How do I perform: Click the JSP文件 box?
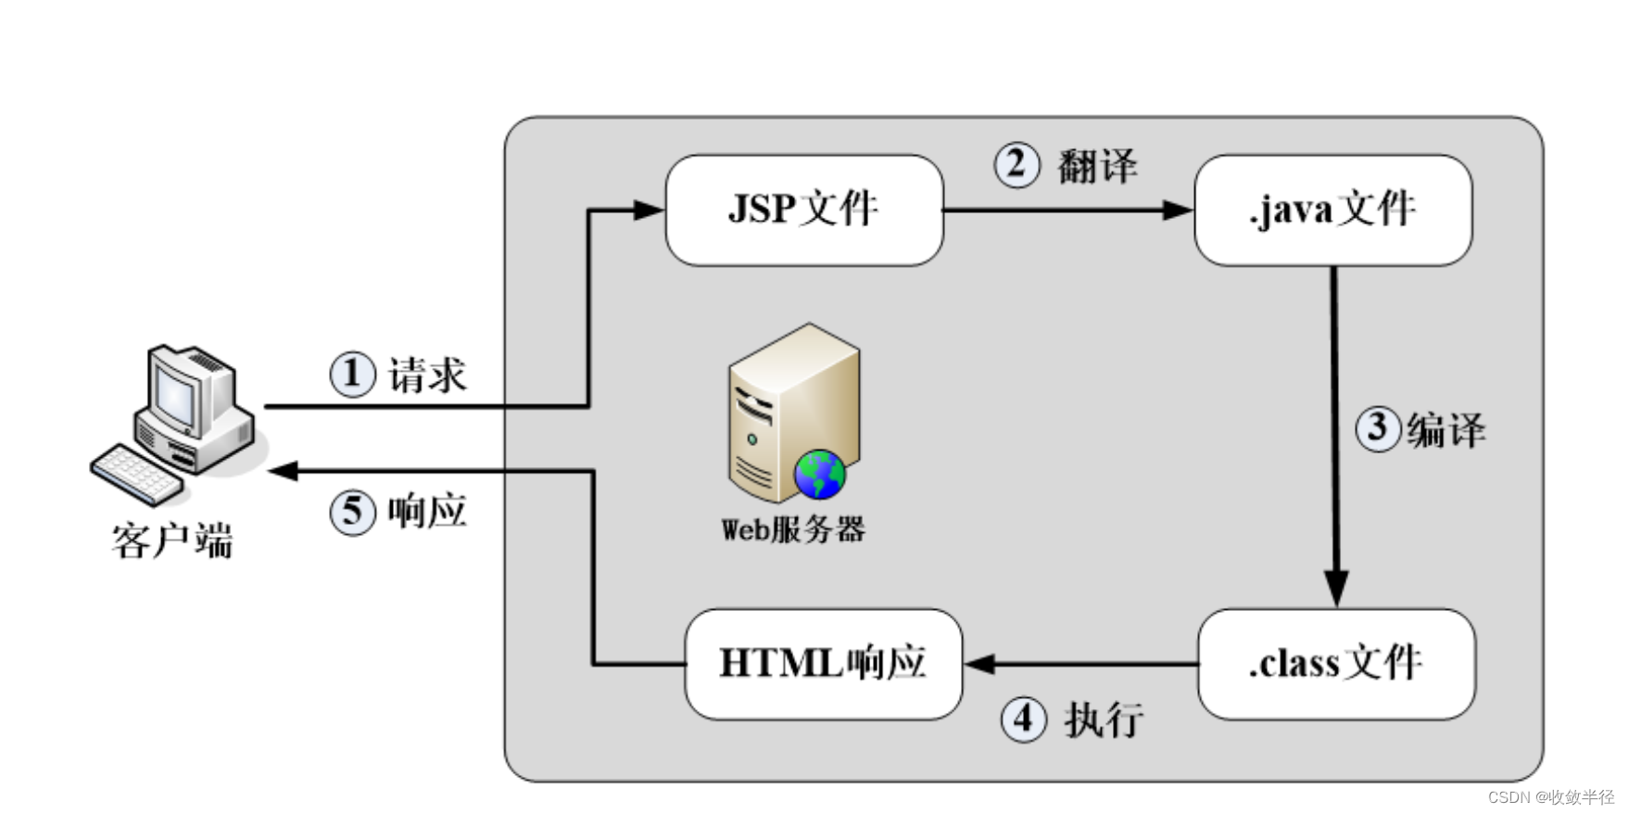click(803, 210)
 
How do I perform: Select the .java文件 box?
click(1332, 210)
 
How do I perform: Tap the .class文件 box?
click(1335, 664)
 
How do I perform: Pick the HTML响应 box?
click(823, 664)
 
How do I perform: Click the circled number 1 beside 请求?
click(352, 375)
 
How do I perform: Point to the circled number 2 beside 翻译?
click(1017, 166)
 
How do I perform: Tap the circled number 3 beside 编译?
click(1378, 429)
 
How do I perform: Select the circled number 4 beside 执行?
click(1023, 719)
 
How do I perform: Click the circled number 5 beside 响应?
click(352, 512)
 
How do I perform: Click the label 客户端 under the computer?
click(172, 541)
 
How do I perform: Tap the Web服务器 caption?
click(793, 530)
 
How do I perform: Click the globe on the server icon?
click(820, 475)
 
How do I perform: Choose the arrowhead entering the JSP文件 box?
click(648, 210)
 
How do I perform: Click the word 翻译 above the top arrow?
click(1097, 167)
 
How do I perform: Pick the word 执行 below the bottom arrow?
click(1103, 719)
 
